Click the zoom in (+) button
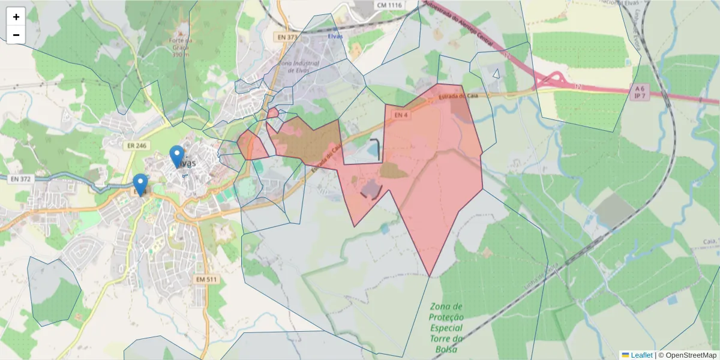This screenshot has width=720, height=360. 16,17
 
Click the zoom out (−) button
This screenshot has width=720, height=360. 16,35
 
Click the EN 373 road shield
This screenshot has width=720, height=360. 287,37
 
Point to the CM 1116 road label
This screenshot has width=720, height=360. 389,5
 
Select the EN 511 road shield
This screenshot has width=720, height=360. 207,280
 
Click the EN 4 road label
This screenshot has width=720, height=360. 401,114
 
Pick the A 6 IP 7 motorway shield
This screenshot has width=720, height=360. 639,92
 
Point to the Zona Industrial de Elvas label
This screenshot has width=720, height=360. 299,66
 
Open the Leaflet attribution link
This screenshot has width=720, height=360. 641,355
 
